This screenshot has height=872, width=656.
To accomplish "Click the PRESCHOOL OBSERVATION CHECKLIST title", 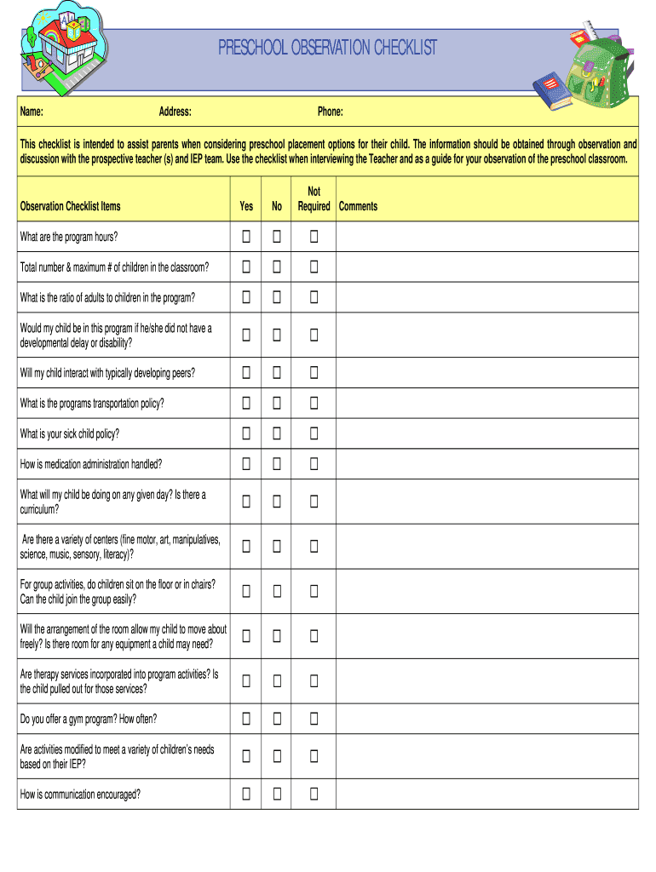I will [327, 48].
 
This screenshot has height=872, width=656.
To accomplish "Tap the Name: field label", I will [32, 112].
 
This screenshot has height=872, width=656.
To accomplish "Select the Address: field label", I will [175, 112].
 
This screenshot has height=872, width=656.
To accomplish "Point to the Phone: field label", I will [331, 112].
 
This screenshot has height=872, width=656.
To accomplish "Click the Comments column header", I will [358, 206].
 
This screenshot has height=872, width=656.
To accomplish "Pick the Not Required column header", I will [314, 199].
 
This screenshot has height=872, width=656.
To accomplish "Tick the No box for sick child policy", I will [277, 433].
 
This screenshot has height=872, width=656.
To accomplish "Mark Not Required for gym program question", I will [314, 719].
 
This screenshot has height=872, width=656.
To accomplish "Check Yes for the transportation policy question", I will [246, 403].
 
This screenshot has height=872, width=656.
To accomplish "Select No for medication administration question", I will [277, 464].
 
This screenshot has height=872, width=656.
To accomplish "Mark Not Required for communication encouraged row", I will [314, 794].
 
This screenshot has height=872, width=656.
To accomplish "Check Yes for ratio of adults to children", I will [246, 297].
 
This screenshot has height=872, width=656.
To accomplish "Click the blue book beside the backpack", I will [551, 90].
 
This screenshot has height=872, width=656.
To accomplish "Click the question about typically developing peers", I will [107, 373].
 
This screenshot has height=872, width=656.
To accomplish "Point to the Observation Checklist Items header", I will [70, 206].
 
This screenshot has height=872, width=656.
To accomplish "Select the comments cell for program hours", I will [486, 237].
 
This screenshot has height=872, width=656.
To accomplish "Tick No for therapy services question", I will [277, 681].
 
